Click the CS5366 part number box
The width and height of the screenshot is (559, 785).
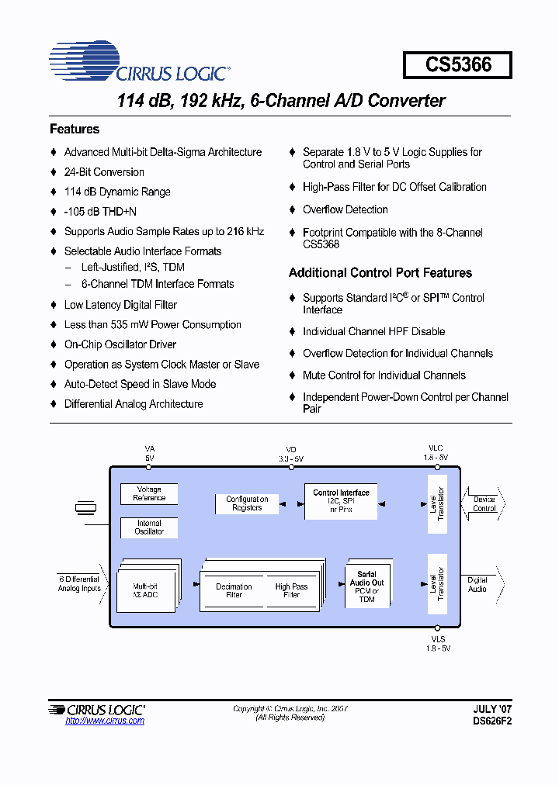457,64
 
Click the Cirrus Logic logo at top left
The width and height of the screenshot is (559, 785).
139,64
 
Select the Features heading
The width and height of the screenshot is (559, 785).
75,130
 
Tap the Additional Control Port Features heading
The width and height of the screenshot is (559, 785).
380,273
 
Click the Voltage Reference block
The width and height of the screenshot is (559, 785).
149,494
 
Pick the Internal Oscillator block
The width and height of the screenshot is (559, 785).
149,528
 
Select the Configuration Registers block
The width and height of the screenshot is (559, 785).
247,503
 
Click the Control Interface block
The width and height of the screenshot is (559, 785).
341,501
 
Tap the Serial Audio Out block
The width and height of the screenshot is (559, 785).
366,586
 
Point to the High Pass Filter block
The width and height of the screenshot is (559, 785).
291,590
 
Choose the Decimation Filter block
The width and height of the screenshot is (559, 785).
234,590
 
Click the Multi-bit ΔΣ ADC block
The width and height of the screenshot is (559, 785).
145,591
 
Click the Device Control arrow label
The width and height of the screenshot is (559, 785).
484,504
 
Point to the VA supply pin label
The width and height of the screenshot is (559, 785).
150,453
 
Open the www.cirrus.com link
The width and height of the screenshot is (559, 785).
105,721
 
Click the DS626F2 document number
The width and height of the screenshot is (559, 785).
492,721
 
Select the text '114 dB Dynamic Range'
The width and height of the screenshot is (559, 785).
117,192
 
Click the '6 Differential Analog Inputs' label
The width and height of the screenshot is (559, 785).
79,583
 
